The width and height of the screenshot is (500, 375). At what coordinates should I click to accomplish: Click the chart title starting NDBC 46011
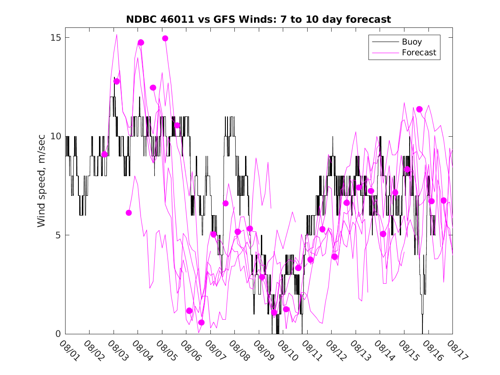coord(258,19)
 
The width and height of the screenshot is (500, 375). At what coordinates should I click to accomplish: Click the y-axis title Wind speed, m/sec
coord(42,186)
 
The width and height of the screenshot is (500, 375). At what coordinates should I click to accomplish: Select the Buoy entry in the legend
coord(411,42)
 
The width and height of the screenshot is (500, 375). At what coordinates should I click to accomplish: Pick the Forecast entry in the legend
coord(419,53)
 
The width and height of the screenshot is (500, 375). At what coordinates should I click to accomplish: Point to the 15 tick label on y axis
coord(56,38)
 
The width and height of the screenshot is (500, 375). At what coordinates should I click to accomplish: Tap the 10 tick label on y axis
coord(56,136)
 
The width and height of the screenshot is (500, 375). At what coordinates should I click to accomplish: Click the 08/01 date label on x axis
coord(69,350)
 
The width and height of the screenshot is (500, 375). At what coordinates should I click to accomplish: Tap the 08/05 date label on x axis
coord(165,350)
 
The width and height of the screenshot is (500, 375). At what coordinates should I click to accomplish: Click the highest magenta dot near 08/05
coord(165,39)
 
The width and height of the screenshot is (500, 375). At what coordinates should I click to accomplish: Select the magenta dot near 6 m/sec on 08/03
coord(129,213)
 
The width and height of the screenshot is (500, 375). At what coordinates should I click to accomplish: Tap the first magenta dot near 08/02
coord(104,154)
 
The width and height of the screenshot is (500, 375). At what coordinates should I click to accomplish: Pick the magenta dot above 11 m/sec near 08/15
coord(419,109)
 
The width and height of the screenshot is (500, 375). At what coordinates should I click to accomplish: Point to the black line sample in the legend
coord(385,42)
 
